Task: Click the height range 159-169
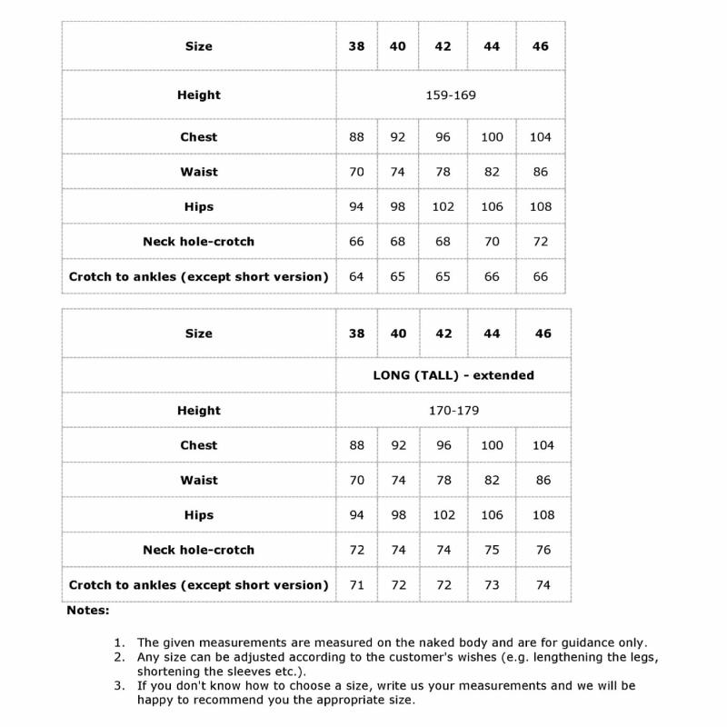click(451, 95)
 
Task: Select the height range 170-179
click(453, 410)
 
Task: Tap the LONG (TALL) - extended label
click(453, 374)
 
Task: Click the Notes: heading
click(88, 611)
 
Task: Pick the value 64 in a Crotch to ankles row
click(356, 276)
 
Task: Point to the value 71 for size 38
click(356, 584)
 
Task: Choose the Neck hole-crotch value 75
click(492, 550)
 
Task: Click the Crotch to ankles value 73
click(492, 584)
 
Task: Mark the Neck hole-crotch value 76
click(543, 550)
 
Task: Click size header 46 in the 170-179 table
click(543, 334)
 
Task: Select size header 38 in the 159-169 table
click(356, 46)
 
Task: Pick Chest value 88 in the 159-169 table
click(356, 137)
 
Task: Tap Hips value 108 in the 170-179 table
click(543, 515)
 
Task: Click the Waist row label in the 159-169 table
click(199, 172)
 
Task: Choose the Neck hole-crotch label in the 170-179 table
click(199, 550)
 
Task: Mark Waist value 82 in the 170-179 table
click(492, 480)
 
